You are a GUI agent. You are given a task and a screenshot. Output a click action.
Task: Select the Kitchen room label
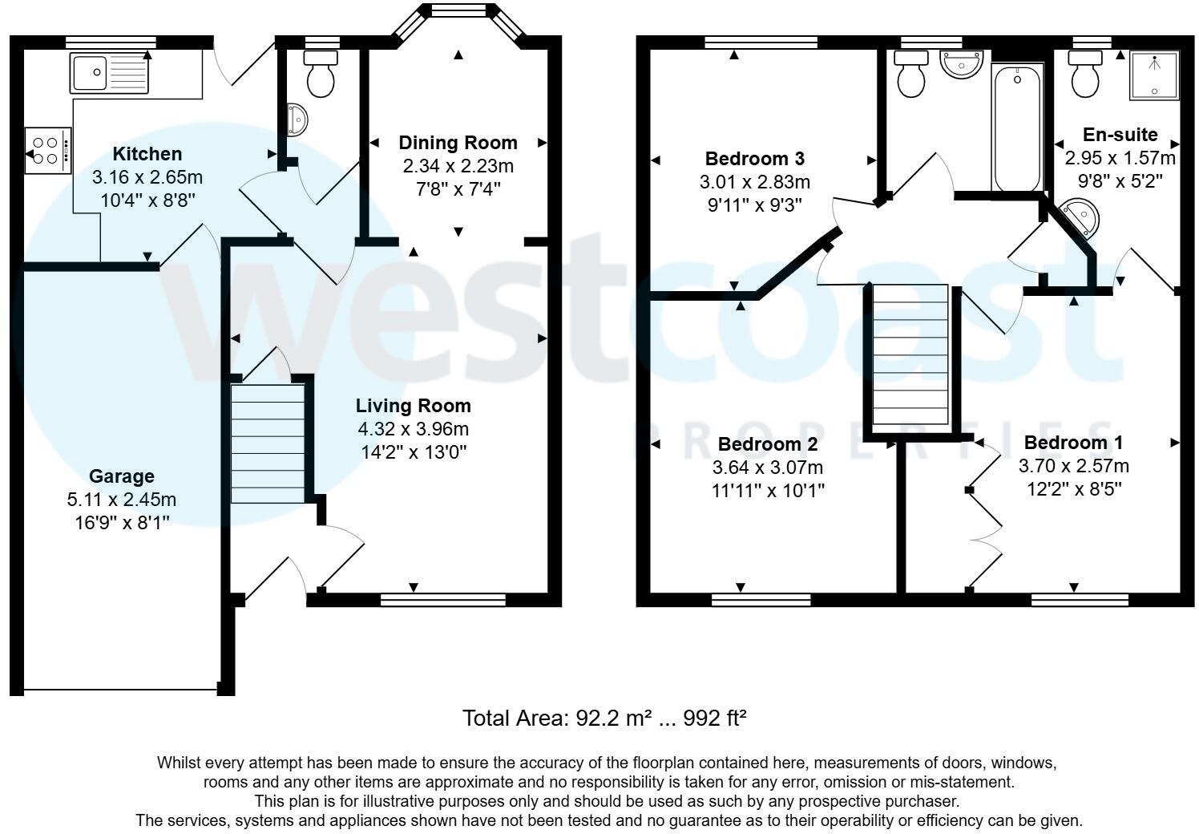click(147, 154)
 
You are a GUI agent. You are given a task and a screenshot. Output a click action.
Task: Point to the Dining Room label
click(458, 143)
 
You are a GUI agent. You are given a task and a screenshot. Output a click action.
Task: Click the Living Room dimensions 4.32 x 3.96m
click(414, 429)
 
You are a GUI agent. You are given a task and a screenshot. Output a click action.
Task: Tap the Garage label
click(121, 476)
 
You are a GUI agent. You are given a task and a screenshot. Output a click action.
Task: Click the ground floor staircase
click(268, 443)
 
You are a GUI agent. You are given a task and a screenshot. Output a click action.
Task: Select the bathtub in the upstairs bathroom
click(1017, 128)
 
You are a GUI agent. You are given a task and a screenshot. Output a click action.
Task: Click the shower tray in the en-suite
click(1154, 75)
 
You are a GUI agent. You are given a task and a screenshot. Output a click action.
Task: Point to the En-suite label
click(1120, 135)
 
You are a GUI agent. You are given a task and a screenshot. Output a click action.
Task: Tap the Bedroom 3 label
click(754, 158)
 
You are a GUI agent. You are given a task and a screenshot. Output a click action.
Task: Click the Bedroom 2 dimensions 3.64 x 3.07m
click(767, 468)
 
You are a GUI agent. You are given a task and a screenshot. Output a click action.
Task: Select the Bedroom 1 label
click(1073, 443)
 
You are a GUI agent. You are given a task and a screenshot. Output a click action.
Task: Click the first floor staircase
click(910, 356)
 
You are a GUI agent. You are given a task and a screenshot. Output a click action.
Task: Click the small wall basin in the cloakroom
click(297, 119)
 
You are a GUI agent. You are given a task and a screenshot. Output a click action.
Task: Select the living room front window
click(443, 599)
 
